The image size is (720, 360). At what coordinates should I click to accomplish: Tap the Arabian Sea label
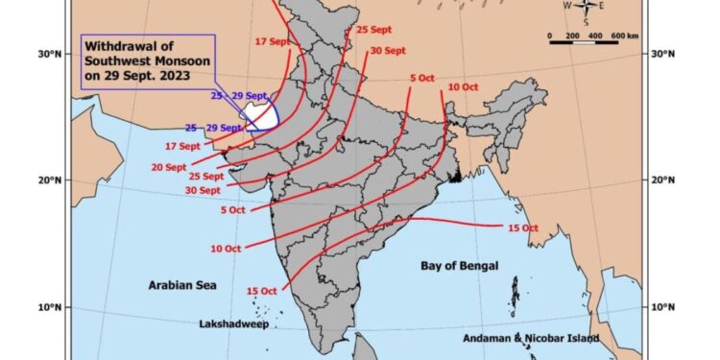point(182,285)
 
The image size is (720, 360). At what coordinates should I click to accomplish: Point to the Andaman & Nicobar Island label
point(542,338)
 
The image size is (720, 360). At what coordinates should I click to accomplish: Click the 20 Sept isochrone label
point(169,167)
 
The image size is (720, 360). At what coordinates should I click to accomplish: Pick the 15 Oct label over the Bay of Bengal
point(521,228)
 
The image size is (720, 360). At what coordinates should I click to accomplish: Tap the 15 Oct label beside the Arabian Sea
point(262,290)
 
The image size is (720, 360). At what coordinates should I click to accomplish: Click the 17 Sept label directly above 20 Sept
point(182,146)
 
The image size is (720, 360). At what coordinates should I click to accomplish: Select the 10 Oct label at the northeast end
point(463,87)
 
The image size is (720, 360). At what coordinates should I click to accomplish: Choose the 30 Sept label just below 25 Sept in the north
point(387,50)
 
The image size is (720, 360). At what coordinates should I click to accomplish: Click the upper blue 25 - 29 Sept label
point(239,96)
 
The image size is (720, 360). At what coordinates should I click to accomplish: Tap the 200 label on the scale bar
point(574,36)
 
